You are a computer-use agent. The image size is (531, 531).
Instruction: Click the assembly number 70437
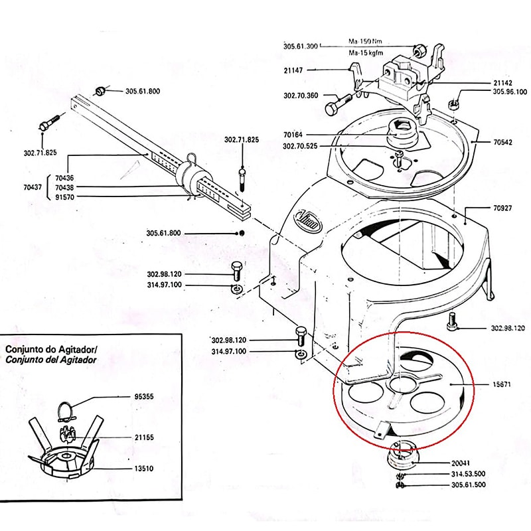coord(33,188)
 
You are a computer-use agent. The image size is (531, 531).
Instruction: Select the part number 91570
coord(66,197)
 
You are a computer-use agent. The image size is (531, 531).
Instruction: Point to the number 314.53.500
coord(468,474)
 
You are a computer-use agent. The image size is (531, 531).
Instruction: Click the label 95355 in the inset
coord(141,397)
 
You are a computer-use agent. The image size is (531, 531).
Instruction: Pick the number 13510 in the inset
coord(141,468)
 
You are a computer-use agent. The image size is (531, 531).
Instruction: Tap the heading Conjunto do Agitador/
coord(51,348)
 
